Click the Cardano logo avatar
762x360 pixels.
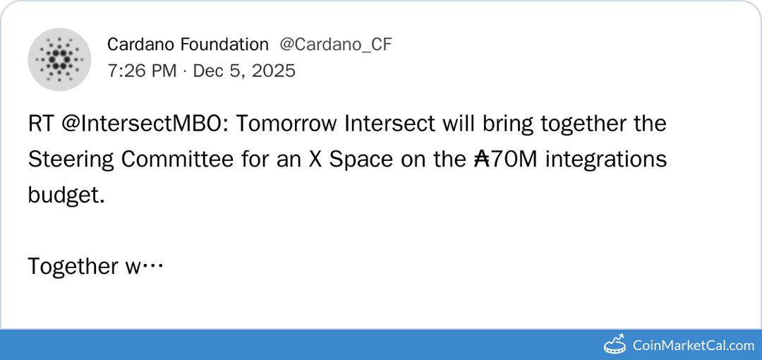(x=59, y=59)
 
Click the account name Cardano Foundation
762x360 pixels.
(x=188, y=44)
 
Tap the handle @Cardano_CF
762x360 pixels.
(x=336, y=44)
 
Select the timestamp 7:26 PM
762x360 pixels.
(x=142, y=71)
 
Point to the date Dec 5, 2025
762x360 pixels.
(x=244, y=71)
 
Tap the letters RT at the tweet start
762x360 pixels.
(x=40, y=124)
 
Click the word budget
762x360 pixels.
(x=66, y=196)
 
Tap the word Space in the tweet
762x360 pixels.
(x=361, y=160)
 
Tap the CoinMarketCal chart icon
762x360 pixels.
(x=615, y=344)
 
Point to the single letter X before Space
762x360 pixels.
(x=316, y=160)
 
